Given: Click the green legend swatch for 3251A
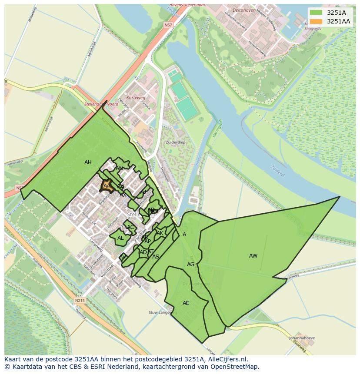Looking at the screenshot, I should [316, 13].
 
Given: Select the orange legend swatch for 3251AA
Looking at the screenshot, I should [316, 21].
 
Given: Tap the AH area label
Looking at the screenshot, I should [88, 162].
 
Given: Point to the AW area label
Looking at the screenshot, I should [253, 256].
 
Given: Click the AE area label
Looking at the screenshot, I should [186, 303].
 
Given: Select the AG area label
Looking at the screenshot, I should [190, 265].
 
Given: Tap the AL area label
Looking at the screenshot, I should [120, 238].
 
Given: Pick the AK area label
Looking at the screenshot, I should [160, 233].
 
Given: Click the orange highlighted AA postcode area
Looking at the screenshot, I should [106, 186].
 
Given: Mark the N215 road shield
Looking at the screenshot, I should [79, 300].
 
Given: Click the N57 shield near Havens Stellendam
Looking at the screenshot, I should [168, 26].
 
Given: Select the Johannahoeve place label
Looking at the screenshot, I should [302, 338].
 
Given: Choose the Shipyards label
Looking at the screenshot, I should [313, 29].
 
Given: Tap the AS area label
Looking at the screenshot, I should [155, 257].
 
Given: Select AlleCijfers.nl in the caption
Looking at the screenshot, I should [225, 359].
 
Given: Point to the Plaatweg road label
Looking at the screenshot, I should [299, 346].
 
